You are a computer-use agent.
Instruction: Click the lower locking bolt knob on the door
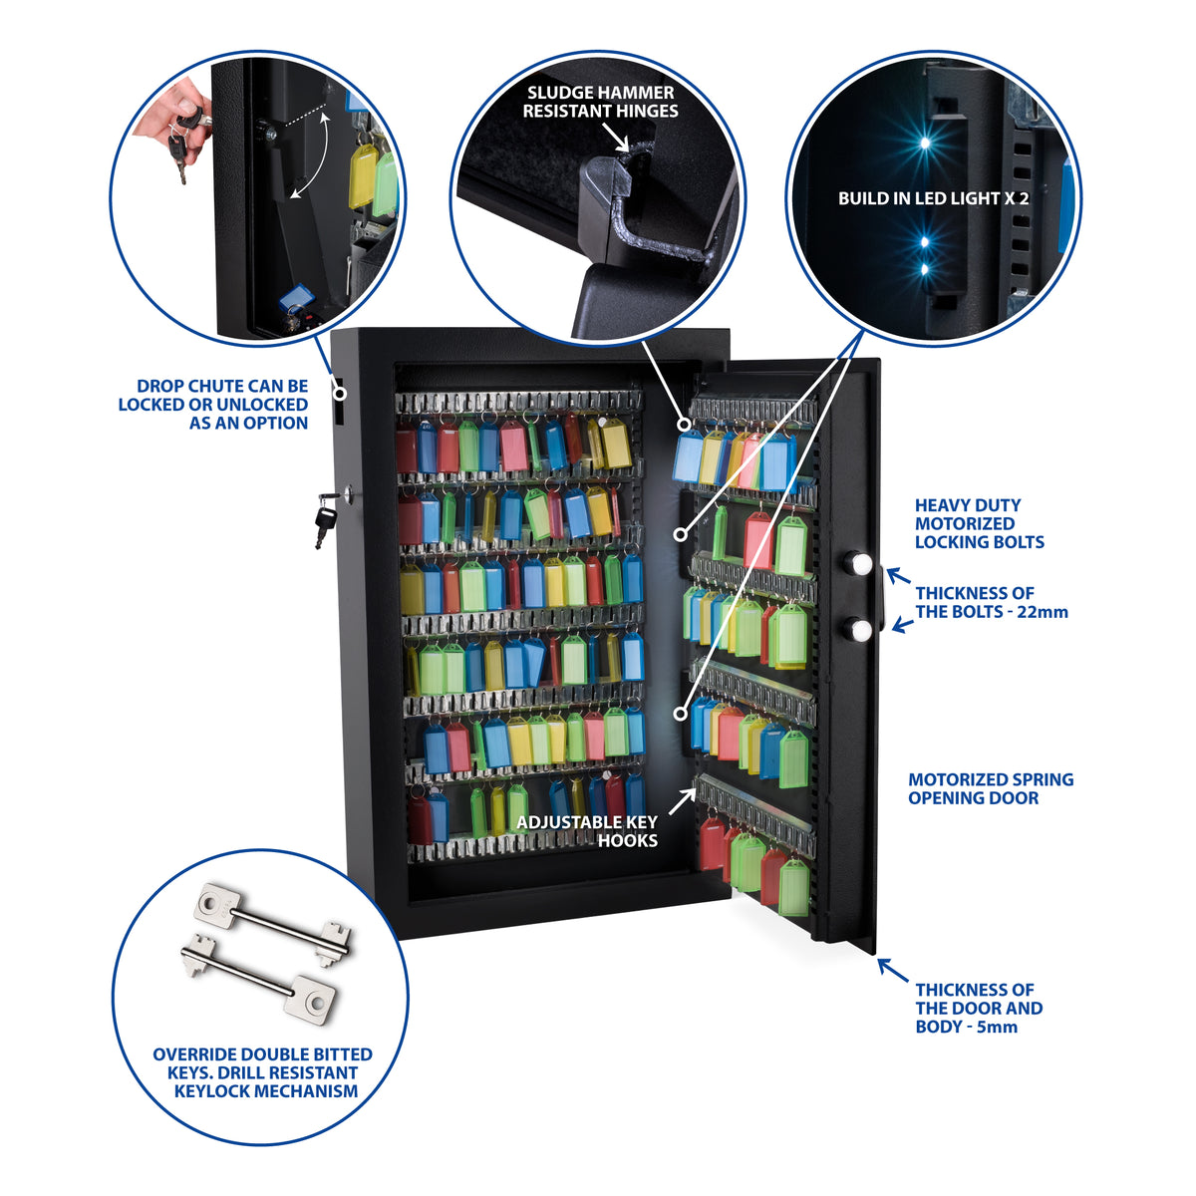(x=859, y=631)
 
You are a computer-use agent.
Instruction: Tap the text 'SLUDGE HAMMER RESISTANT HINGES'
(x=600, y=102)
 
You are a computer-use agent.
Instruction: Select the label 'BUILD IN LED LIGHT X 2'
(x=934, y=198)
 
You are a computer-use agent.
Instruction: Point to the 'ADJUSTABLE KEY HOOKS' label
(x=587, y=831)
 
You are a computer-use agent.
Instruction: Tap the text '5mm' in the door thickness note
(x=997, y=1028)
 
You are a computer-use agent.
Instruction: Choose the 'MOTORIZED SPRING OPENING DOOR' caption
(x=991, y=788)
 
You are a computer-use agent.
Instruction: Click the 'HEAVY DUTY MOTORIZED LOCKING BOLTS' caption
(x=980, y=524)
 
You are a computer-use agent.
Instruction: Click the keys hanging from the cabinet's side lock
(x=327, y=518)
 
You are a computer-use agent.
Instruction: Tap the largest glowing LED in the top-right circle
(x=924, y=143)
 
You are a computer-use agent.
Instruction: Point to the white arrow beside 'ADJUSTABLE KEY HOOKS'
(x=682, y=800)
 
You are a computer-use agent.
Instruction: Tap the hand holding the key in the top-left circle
(x=174, y=114)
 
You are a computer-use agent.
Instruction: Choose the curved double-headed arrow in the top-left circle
(x=318, y=155)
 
